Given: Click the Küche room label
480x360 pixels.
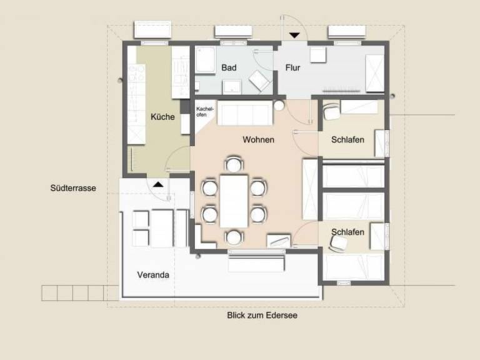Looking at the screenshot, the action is click(x=162, y=117).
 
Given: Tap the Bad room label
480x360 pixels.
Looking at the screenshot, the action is click(x=229, y=67).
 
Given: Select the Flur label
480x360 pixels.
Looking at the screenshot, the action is click(x=292, y=67).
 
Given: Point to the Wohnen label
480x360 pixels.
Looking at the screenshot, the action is click(x=258, y=140).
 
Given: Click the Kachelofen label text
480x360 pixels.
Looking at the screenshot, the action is click(x=205, y=112).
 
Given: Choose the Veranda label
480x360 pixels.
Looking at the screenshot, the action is click(x=153, y=275).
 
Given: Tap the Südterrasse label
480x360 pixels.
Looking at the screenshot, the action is click(x=73, y=188).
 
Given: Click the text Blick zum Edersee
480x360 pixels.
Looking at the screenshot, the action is click(x=262, y=315).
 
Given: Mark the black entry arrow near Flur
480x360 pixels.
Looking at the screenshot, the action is click(x=294, y=36).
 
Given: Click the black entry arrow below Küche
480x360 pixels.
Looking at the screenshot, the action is click(x=158, y=184).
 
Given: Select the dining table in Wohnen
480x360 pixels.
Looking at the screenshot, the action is click(x=234, y=201).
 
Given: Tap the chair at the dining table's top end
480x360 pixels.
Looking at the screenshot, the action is click(x=234, y=164).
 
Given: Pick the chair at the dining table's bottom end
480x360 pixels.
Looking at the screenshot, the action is click(x=234, y=237).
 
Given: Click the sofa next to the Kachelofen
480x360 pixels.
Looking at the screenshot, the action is click(x=245, y=112).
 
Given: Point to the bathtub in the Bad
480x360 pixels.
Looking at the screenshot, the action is click(x=206, y=60).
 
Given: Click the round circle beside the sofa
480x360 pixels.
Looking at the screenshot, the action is click(x=279, y=106).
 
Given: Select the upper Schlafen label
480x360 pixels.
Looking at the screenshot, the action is click(x=347, y=140).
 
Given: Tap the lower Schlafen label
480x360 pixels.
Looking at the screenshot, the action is click(x=347, y=232).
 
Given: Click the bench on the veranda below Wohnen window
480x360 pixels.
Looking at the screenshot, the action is click(x=256, y=263).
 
